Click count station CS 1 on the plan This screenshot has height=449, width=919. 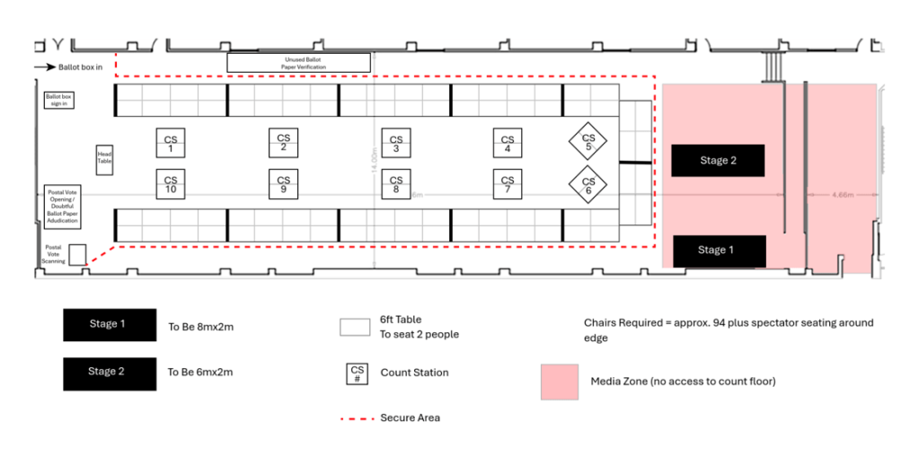point(171,143)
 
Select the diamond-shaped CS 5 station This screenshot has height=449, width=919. point(588,141)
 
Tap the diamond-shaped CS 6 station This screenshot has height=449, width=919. point(588,185)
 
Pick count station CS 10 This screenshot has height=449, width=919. point(171,184)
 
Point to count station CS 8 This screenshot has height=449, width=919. point(395,184)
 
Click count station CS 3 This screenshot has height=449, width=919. point(395,143)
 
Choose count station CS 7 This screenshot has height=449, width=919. point(508,184)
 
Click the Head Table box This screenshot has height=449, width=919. point(105,159)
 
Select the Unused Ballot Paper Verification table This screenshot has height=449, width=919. point(298,63)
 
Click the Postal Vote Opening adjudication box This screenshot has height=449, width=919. point(63,206)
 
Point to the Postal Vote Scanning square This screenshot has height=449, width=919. point(77,254)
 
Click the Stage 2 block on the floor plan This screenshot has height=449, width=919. point(718,161)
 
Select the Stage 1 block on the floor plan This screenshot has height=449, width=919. point(718,251)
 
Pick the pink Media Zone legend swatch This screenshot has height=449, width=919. point(561,382)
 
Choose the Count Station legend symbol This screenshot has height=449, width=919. point(357,373)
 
